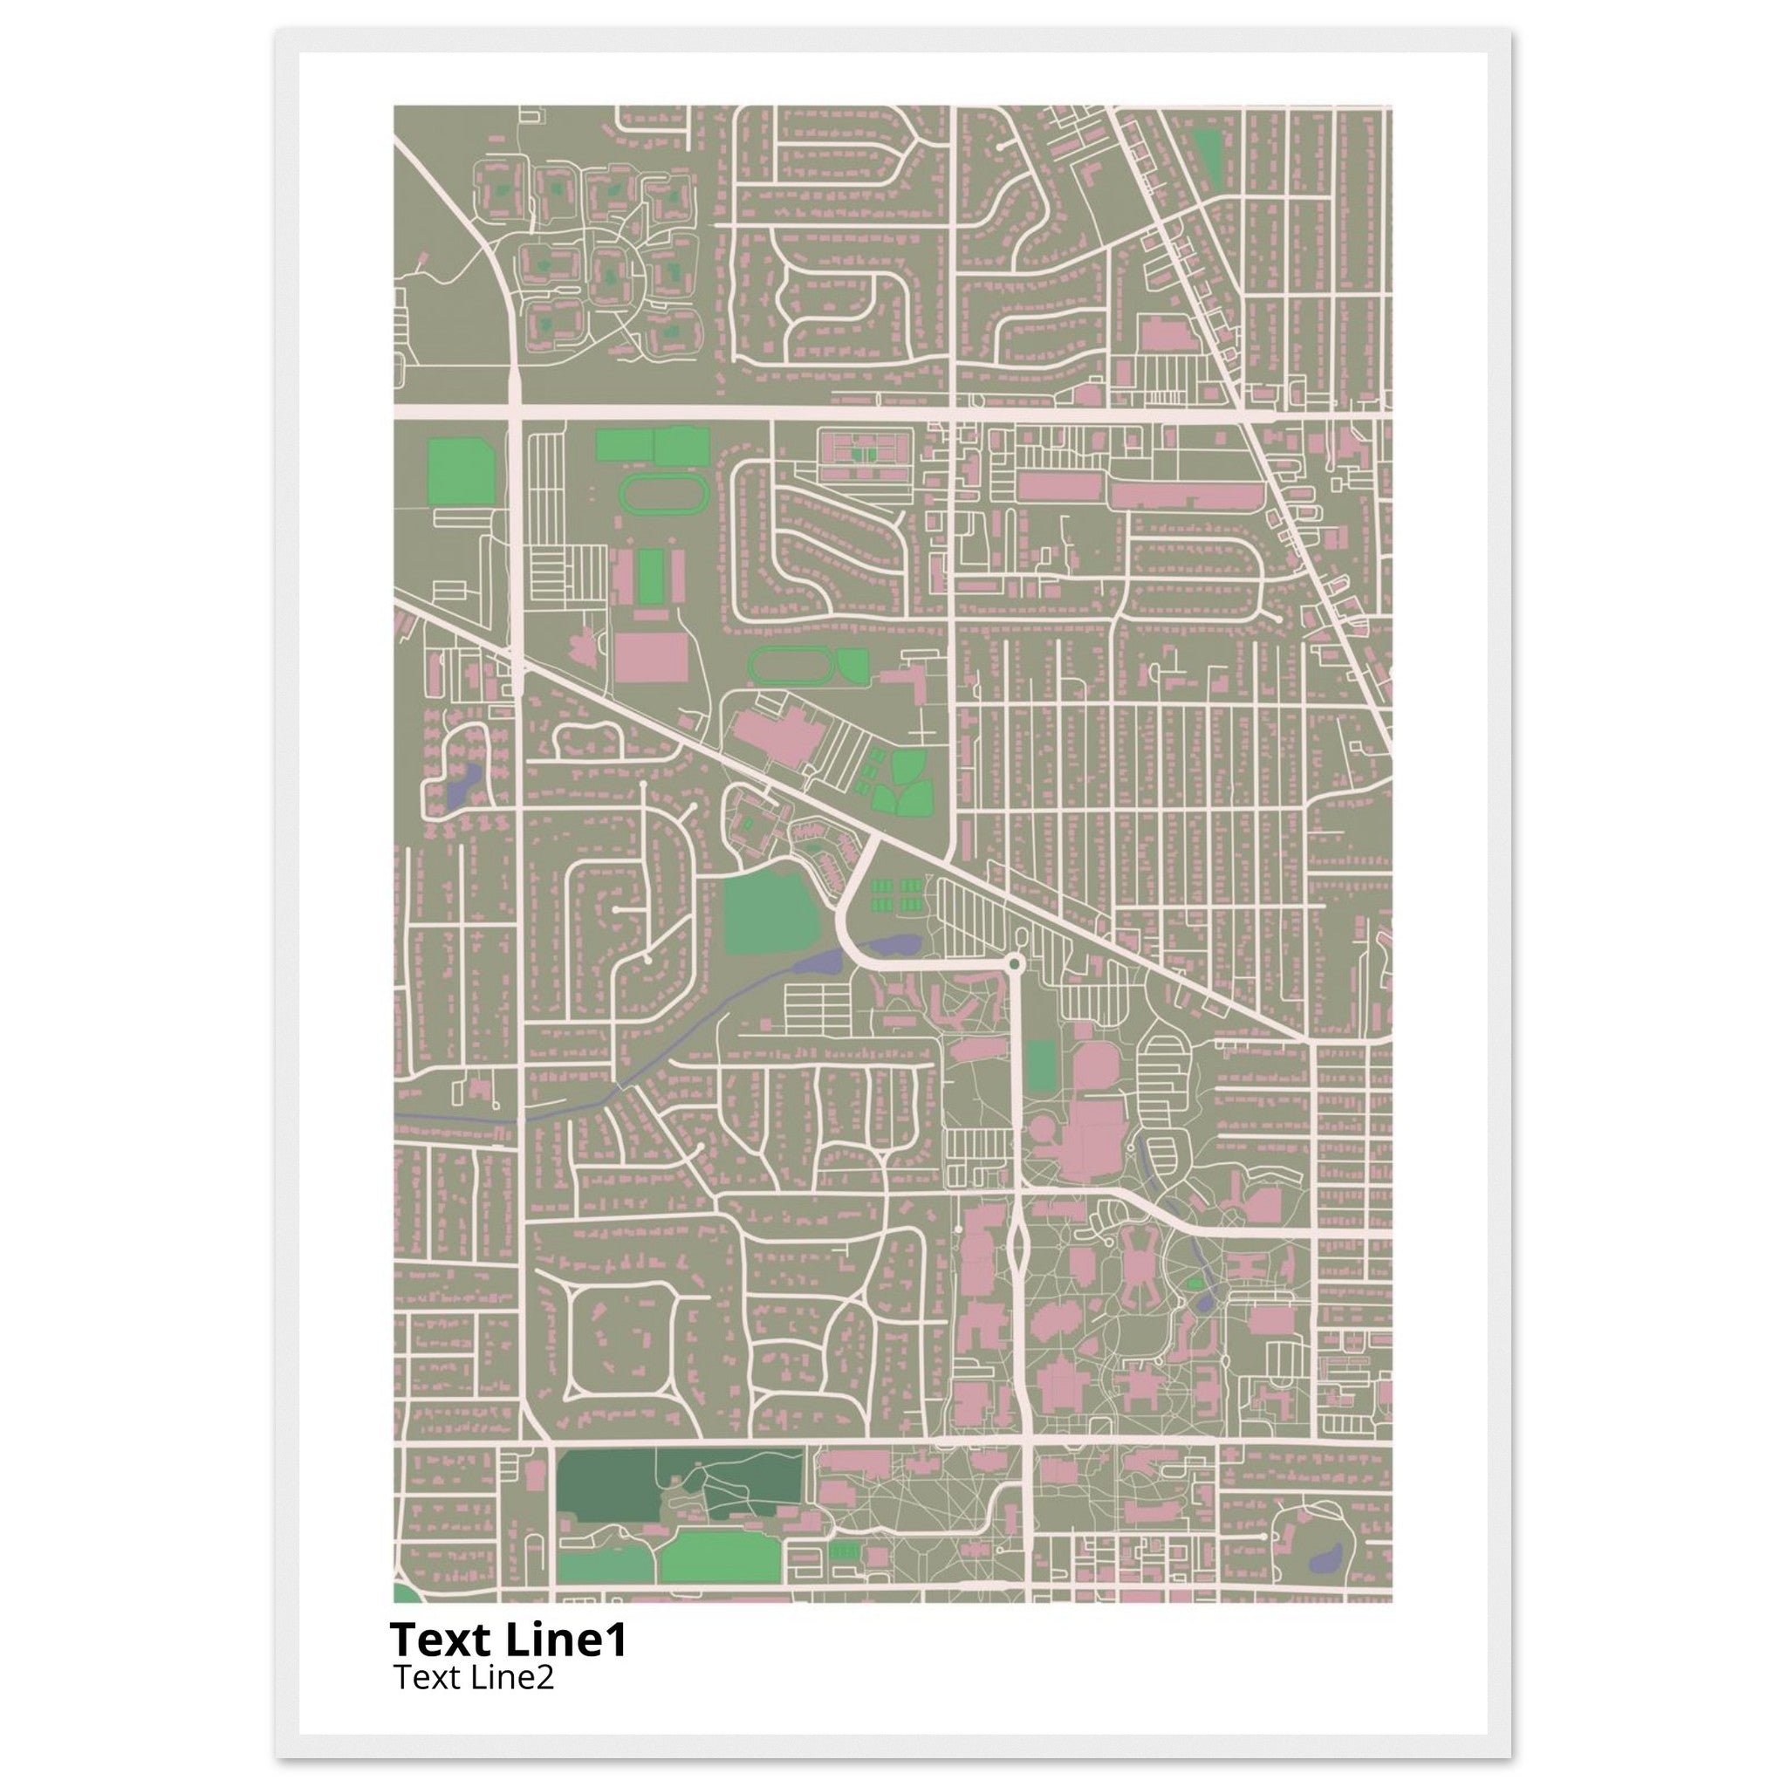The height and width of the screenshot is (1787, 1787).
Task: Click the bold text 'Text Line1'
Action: coord(508,1640)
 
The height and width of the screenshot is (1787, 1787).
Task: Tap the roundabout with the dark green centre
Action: coord(1015,965)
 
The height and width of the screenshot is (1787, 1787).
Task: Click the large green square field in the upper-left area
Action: coord(461,472)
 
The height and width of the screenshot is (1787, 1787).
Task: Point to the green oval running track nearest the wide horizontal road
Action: coord(663,496)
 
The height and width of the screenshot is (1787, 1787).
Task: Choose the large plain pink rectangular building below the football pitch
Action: coord(650,658)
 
